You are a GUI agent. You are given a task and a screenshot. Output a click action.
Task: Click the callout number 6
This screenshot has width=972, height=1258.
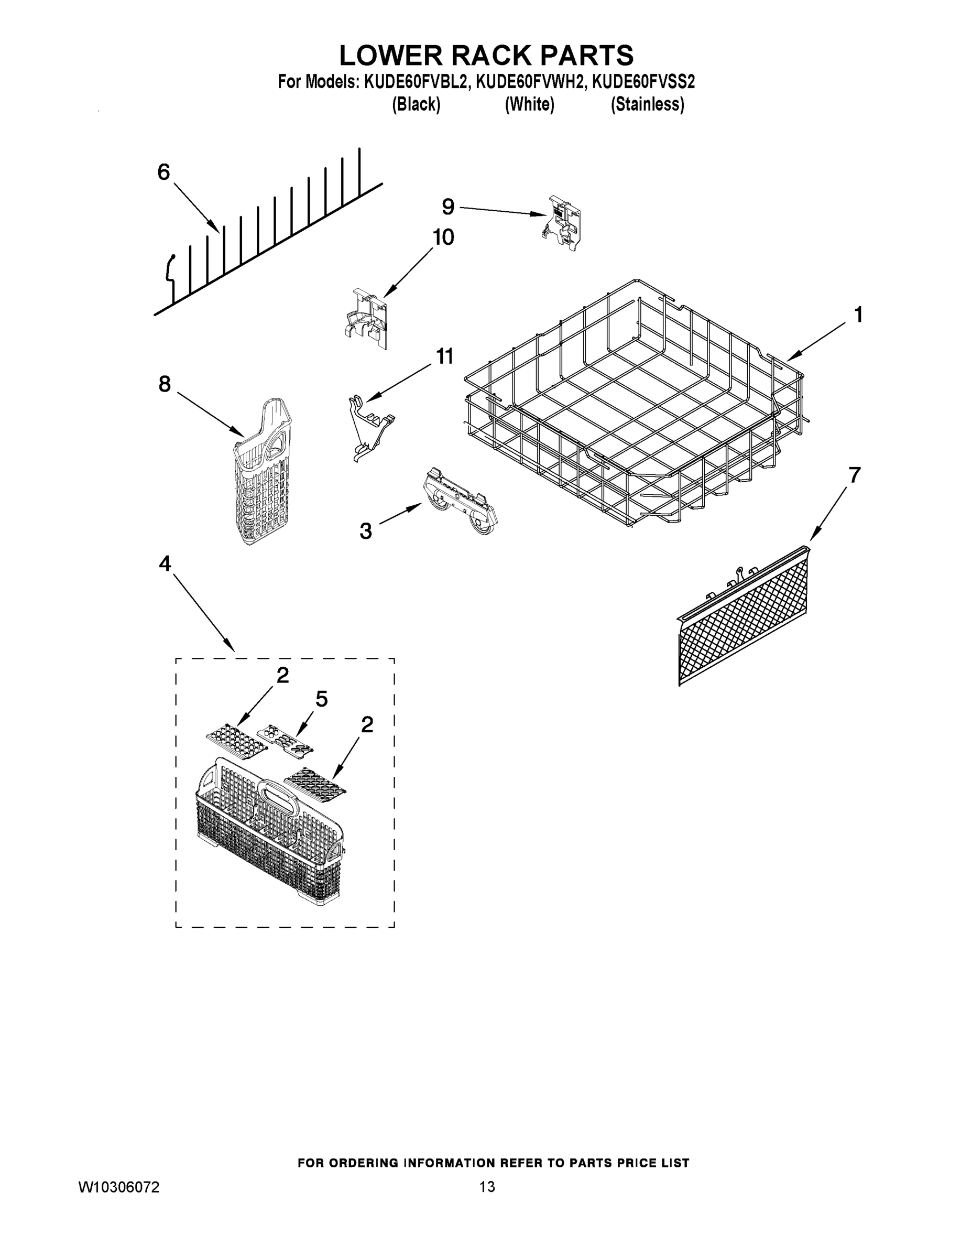164,171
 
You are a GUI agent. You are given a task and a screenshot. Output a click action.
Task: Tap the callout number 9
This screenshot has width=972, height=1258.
448,206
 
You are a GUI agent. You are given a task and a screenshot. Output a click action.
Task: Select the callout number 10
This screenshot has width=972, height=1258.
443,237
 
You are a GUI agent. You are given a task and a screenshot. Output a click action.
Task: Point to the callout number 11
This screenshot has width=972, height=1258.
444,356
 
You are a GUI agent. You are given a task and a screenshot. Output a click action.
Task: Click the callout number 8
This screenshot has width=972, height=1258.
165,384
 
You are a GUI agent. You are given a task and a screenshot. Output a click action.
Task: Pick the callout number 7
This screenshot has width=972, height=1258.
854,475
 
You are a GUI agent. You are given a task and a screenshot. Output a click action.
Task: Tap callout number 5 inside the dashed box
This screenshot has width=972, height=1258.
321,699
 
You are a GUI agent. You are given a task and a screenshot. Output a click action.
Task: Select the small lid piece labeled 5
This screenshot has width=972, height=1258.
285,739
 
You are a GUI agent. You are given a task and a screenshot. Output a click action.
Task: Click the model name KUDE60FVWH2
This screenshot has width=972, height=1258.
530,82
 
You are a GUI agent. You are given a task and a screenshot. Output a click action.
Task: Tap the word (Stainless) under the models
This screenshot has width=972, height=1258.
647,104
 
